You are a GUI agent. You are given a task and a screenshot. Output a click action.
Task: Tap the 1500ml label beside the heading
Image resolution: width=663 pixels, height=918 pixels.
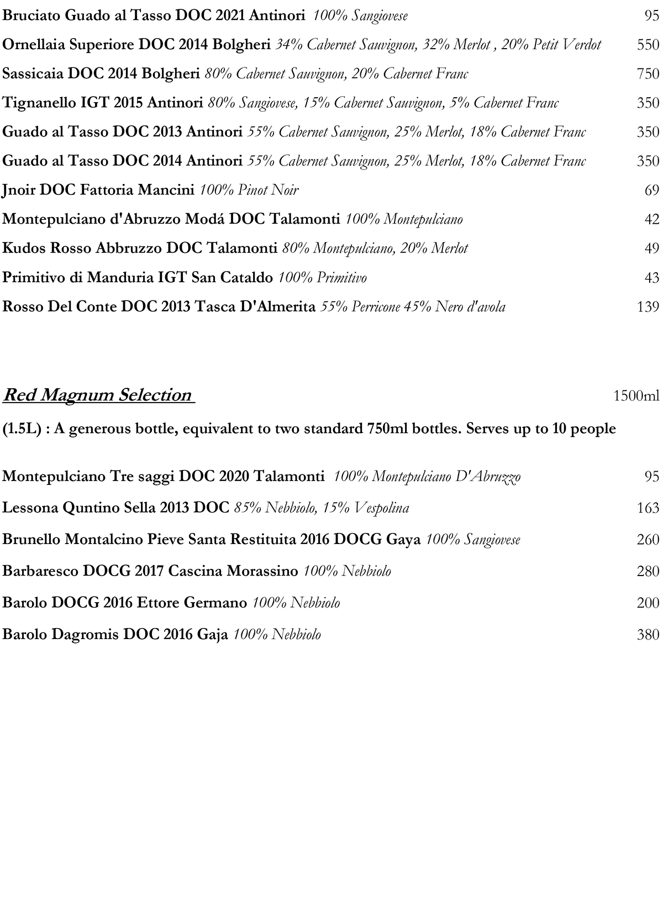point(636,396)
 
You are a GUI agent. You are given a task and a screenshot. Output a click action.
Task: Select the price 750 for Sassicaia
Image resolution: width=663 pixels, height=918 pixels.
point(648,73)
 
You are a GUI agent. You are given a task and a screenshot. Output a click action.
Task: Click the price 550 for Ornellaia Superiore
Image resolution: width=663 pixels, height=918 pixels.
point(648,45)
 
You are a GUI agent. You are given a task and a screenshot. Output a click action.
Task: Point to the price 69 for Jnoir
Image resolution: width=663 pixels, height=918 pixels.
point(652,191)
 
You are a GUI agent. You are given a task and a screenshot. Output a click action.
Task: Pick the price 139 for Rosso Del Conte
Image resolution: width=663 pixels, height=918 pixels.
point(648,307)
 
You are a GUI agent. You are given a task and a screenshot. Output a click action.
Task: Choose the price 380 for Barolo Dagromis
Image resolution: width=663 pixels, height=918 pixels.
point(648,635)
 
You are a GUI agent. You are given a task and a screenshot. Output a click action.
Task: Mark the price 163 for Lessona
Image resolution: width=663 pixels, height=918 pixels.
point(648,508)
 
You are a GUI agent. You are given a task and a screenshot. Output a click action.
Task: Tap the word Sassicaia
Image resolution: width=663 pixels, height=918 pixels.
point(33,73)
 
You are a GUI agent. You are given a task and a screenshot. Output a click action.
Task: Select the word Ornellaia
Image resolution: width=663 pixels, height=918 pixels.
point(34,45)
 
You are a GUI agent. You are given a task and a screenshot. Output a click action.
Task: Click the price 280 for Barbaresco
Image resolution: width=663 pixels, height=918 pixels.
point(648,571)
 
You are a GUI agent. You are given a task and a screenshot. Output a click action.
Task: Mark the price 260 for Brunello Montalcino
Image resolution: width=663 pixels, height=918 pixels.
point(648,539)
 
